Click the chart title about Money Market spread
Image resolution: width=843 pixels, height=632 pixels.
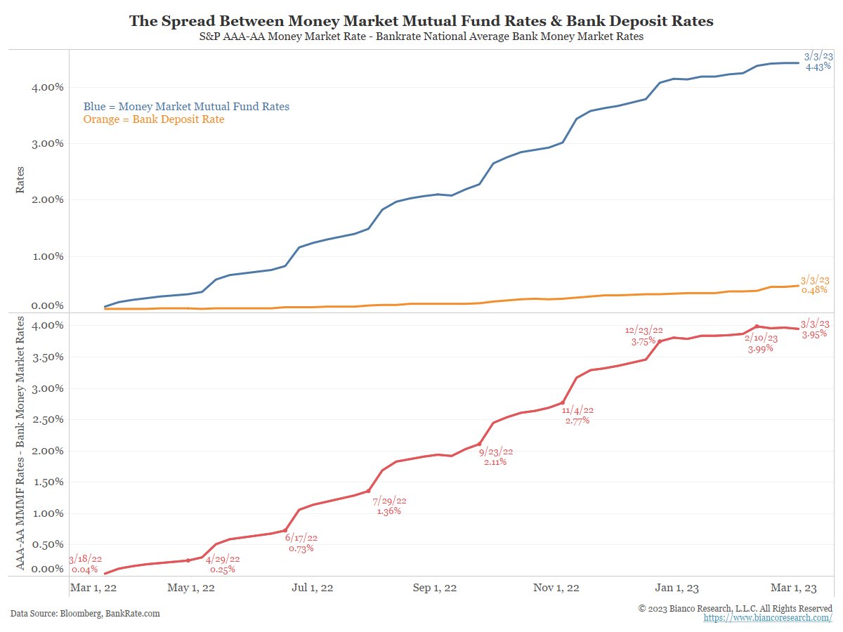421,21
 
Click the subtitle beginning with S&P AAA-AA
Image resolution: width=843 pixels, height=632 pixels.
421,37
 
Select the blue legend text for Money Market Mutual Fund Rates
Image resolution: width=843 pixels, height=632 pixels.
186,107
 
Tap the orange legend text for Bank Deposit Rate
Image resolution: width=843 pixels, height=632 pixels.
154,120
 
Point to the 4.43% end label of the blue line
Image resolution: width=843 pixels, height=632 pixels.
817,61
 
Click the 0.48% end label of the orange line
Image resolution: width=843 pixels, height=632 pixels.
815,284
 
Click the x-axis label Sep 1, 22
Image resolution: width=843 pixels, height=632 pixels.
436,588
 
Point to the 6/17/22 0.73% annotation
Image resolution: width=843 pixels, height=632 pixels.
301,543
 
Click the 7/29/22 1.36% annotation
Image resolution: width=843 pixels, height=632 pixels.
389,506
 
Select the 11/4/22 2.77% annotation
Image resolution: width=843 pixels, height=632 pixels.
577,415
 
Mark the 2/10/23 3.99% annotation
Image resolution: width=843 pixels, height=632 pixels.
759,343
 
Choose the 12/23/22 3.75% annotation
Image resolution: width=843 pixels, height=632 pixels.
643,335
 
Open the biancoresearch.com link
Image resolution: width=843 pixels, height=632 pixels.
768,617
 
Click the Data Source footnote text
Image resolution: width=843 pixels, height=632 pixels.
85,613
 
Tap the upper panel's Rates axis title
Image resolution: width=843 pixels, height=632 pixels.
20,180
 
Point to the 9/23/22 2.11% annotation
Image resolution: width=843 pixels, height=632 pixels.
495,456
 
